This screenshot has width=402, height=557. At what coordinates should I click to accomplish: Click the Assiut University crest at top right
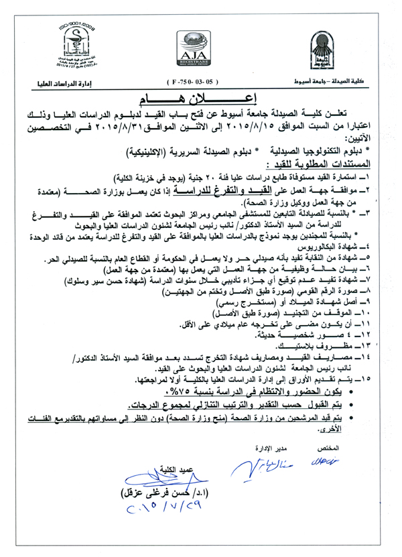point(321,49)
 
